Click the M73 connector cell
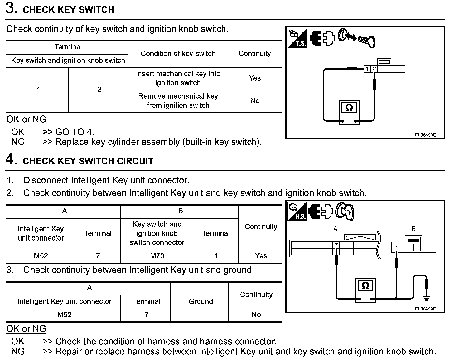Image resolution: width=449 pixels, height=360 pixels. point(157,256)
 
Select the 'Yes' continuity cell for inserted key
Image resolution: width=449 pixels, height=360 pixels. point(254,78)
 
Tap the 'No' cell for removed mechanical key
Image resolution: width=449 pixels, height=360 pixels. point(254,101)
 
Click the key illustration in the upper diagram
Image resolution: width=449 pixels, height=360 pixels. point(367,41)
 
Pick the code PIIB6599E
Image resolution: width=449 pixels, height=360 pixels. point(425,135)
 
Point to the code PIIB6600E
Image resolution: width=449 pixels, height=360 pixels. point(425,309)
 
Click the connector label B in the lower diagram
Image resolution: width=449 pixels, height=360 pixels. point(413,229)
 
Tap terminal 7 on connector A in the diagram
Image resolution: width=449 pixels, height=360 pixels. point(336,245)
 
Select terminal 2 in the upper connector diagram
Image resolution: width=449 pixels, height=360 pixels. point(374,69)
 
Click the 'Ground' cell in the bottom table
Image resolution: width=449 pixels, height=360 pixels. point(200,301)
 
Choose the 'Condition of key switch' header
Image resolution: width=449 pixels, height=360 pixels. point(178,54)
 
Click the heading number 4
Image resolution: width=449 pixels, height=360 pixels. point(10,159)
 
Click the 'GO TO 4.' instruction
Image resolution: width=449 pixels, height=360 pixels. point(75,132)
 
